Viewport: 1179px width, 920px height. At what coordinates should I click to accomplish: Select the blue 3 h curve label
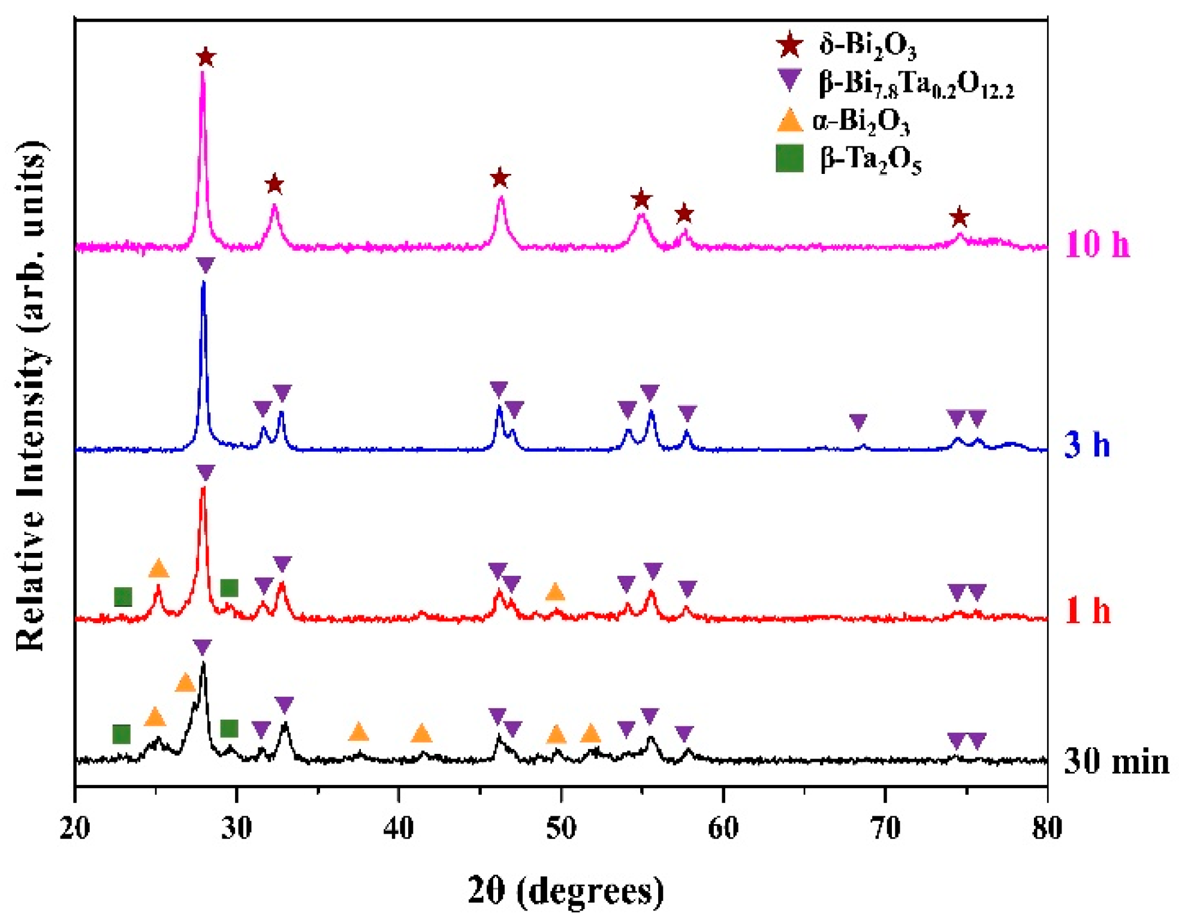[1086, 445]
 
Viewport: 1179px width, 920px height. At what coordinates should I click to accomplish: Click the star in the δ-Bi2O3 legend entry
[789, 45]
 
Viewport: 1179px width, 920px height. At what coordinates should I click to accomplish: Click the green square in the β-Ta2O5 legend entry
[789, 159]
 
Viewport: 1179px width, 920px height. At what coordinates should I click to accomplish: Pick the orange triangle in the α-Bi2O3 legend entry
[789, 121]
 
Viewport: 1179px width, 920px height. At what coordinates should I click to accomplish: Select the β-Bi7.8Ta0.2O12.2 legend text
[916, 84]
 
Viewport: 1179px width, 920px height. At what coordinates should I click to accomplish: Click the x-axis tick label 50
[561, 828]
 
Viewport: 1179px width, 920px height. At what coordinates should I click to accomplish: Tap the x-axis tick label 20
[75, 828]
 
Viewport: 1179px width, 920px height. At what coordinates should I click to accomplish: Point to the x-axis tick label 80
[1047, 828]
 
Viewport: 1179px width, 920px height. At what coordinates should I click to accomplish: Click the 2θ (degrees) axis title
[565, 890]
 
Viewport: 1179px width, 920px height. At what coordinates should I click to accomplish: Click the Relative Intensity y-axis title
[30, 396]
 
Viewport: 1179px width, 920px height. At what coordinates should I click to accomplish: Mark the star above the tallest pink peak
[206, 58]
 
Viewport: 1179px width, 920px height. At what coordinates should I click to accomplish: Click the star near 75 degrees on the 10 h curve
[960, 217]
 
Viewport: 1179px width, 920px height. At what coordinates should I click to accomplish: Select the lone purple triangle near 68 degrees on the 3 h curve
[858, 422]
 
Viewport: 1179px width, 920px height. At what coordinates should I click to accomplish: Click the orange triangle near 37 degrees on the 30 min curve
[358, 732]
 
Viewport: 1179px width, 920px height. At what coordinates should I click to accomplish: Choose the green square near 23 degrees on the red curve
[123, 597]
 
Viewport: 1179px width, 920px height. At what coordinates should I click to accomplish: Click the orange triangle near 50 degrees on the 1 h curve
[555, 593]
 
